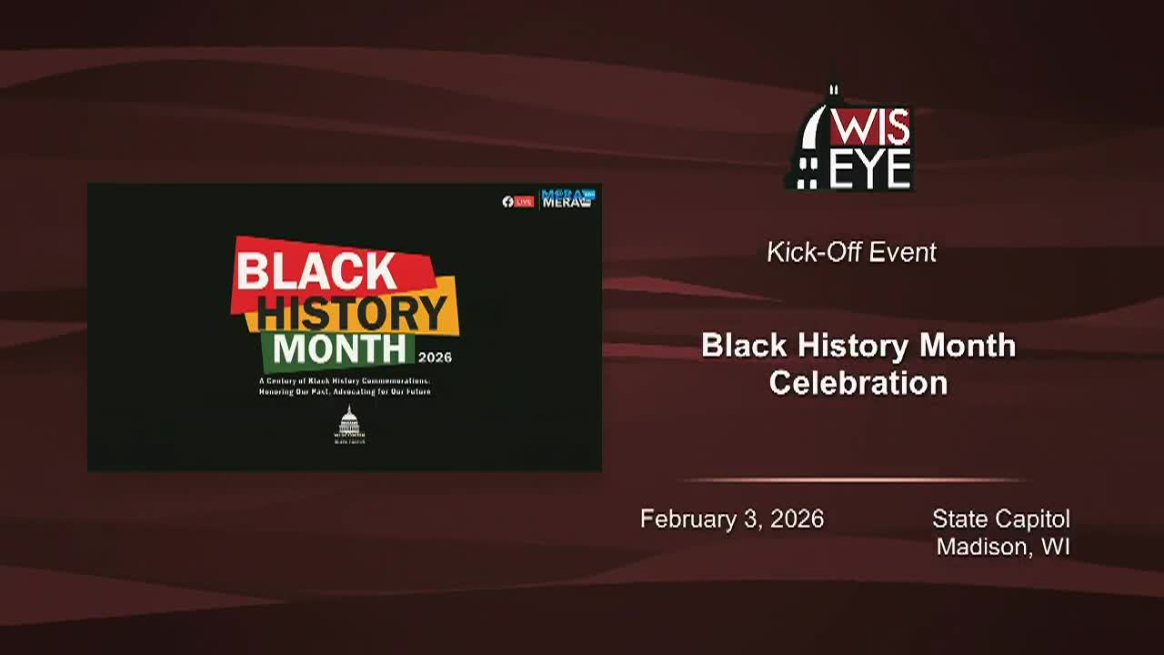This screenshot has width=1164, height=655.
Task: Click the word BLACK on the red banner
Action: [x=316, y=271]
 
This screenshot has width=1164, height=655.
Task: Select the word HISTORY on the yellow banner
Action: [x=352, y=313]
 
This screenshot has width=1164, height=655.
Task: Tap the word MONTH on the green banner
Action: [x=339, y=349]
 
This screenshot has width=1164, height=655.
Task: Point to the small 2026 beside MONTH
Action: [x=435, y=358]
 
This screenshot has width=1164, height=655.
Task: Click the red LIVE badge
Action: [x=524, y=201]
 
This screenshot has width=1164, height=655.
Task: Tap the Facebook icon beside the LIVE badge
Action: [x=507, y=201]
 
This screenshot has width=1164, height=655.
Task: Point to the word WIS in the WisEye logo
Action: [x=869, y=128]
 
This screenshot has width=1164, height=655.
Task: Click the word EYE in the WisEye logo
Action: [x=869, y=169]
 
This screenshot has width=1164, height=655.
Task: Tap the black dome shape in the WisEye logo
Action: [x=812, y=136]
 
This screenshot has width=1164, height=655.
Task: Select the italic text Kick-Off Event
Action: [x=851, y=252]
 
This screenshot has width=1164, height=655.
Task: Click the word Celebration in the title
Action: [x=858, y=383]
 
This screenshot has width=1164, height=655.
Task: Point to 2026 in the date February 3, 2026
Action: [x=797, y=519]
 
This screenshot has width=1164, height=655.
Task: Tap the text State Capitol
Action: [x=1000, y=519]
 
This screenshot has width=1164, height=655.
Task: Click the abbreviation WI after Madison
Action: [x=1056, y=547]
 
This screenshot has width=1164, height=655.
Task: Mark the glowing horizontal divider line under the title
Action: [x=855, y=480]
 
